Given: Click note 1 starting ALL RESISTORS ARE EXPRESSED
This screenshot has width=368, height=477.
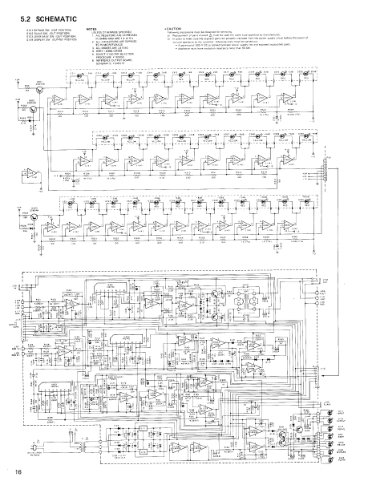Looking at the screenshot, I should (x=116, y=36).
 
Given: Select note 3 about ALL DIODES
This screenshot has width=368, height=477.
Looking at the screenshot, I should (x=112, y=46).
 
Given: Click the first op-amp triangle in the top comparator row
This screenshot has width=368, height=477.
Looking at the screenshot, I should (x=83, y=98).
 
